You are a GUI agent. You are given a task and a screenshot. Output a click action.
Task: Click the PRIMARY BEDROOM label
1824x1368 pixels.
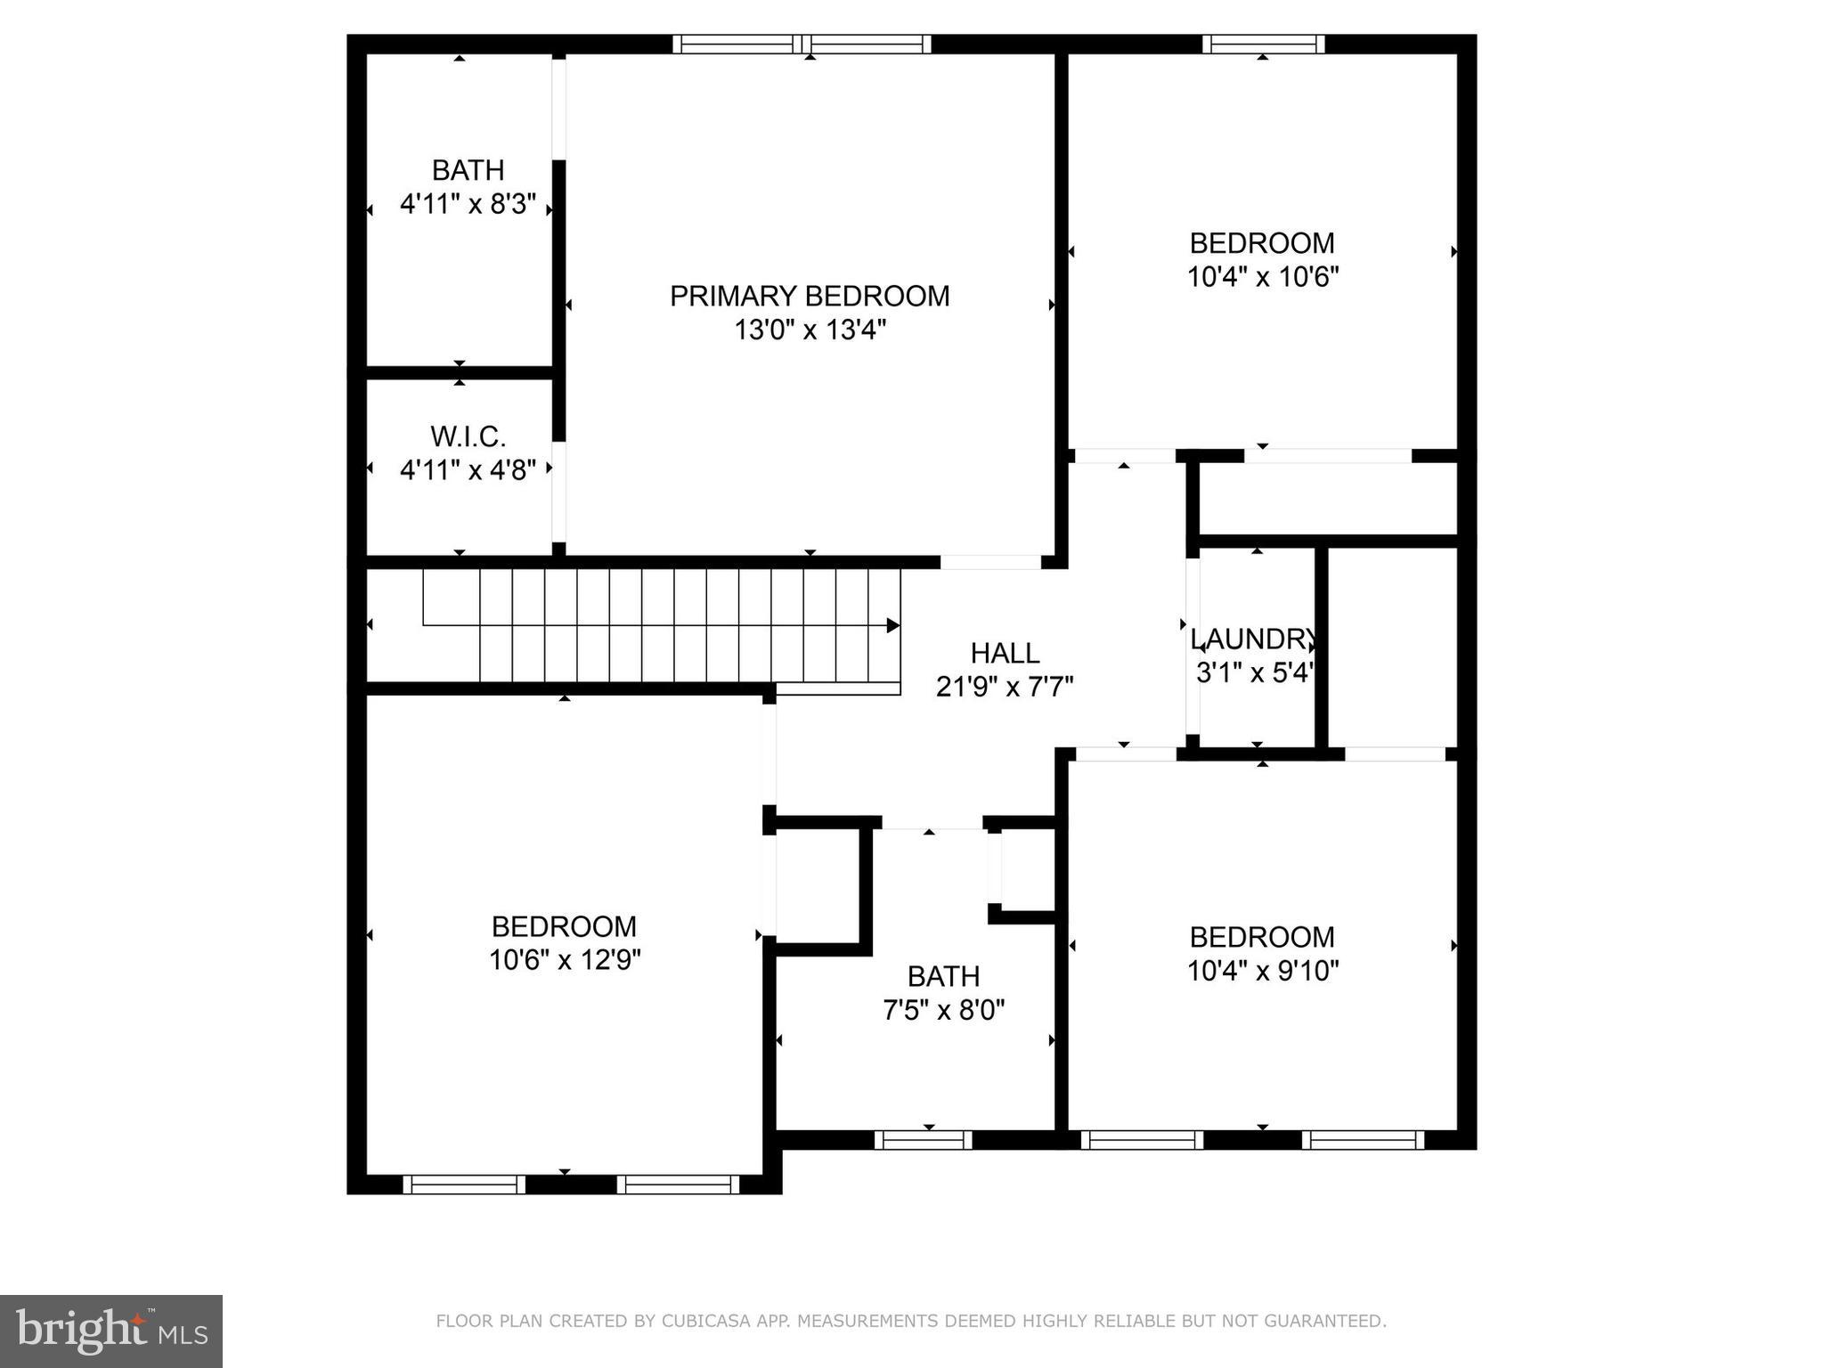[x=810, y=296]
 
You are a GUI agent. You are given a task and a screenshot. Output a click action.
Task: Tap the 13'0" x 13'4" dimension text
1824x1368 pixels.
[x=810, y=330]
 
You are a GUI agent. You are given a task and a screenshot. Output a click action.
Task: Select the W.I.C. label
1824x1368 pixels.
[x=468, y=436]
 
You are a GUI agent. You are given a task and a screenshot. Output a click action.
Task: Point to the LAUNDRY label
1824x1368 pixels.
[x=1254, y=639]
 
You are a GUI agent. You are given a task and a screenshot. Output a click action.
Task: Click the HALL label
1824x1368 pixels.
[x=1005, y=653]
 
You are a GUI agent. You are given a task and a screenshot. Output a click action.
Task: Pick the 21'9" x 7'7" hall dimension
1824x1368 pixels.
[x=1005, y=687]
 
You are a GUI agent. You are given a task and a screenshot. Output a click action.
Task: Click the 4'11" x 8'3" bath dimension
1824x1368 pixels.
[x=468, y=205]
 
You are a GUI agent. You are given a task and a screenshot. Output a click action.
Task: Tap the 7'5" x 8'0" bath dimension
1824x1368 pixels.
[x=944, y=1010]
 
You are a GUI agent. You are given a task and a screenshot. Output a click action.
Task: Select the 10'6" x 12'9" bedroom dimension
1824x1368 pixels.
[x=565, y=960]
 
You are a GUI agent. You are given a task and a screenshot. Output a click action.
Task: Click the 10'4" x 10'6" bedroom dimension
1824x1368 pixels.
[x=1263, y=277]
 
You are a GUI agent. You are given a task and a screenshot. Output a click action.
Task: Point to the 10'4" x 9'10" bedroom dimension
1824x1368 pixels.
[x=1263, y=970]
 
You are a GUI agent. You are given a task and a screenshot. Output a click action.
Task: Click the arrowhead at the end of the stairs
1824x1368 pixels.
[x=892, y=625]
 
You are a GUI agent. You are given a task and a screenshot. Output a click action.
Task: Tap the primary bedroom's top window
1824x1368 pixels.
[x=802, y=44]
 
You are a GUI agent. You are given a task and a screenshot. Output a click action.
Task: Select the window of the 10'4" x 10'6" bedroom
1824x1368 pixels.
[x=1263, y=44]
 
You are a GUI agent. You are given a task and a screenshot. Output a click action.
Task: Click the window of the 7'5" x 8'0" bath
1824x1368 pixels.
[x=923, y=1140]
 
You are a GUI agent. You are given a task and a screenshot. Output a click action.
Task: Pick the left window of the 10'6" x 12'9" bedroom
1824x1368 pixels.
[x=464, y=1185]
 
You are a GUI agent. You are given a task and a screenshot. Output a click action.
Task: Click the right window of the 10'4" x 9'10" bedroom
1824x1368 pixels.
[x=1364, y=1140]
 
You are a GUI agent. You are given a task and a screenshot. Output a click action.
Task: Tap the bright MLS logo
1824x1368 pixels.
[x=111, y=1331]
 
